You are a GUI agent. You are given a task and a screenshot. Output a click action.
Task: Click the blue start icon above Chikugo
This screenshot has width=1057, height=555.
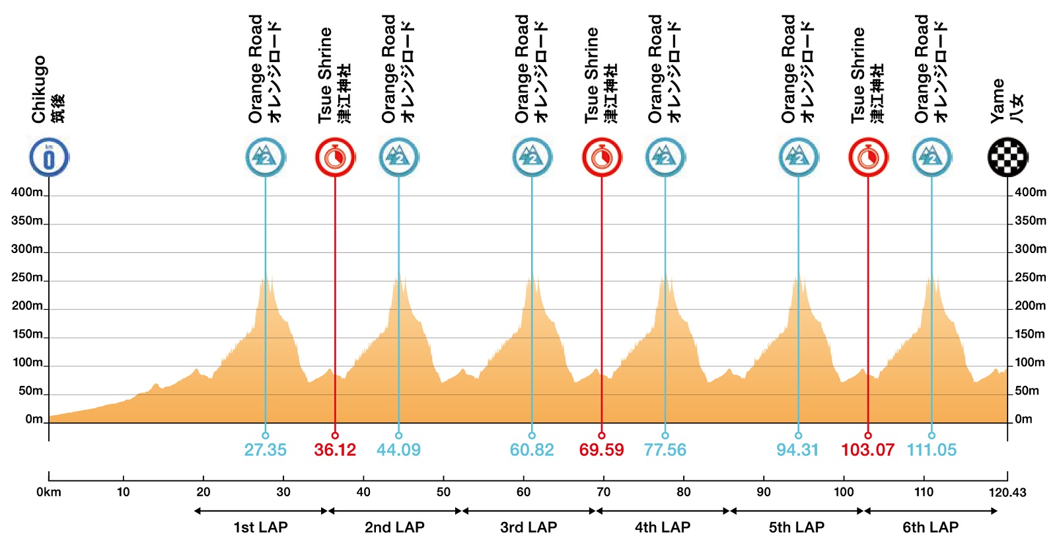[x=49, y=157]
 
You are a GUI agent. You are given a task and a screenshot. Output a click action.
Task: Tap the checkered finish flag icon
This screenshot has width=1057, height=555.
[x=1007, y=157]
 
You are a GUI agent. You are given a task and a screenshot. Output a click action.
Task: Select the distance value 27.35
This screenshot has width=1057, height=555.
[x=266, y=450]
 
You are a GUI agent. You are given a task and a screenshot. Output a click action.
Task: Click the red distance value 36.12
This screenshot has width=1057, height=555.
[x=335, y=450]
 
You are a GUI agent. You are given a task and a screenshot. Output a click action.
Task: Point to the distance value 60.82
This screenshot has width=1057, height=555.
[x=532, y=450]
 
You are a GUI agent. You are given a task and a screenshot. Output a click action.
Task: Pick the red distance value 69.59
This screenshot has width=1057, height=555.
[x=601, y=450]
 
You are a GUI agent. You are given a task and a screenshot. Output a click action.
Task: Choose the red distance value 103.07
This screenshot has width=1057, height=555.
[x=867, y=450]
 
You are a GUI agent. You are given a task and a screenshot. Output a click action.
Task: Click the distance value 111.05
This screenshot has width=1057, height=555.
[x=931, y=450]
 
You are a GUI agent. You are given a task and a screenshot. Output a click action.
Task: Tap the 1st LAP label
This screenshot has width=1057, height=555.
[x=260, y=527]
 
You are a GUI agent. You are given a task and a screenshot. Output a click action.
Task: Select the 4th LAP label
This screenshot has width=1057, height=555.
[x=663, y=527]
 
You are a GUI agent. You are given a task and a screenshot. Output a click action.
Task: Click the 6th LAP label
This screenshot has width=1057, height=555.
[x=930, y=527]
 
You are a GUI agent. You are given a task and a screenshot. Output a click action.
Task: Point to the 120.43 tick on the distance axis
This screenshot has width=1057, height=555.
[x=1007, y=492]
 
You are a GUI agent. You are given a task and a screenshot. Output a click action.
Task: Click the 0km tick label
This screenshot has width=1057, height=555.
[x=49, y=492]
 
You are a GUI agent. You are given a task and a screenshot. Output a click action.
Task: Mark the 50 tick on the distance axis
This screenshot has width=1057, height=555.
[x=443, y=492]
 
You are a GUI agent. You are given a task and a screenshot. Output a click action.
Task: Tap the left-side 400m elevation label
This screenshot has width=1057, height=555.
[x=27, y=192]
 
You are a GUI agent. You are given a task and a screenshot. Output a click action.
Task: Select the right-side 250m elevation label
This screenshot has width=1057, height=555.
[x=1030, y=277]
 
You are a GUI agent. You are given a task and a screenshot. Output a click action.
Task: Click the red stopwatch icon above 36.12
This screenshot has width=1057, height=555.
[x=335, y=157]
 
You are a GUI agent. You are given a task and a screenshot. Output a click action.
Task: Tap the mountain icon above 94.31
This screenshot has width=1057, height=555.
[x=798, y=157]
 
